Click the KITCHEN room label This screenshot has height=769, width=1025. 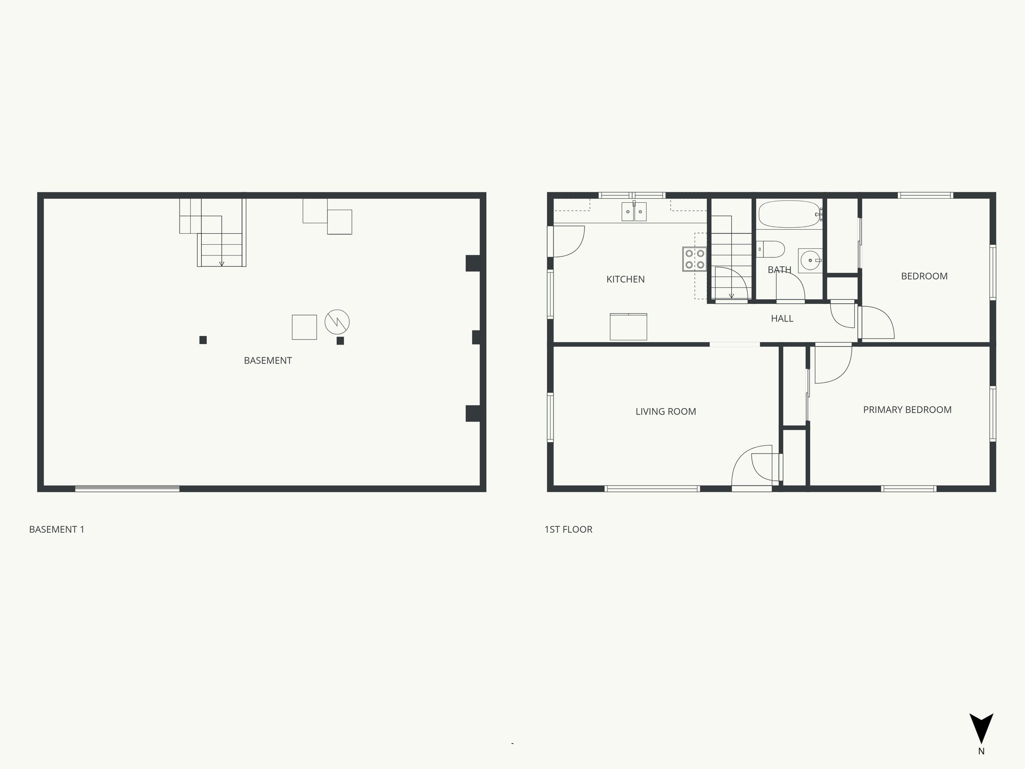pos(625,279)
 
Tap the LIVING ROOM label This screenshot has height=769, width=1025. pos(666,412)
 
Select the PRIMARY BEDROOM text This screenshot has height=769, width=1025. pos(907,410)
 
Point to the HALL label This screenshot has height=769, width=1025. pos(782,318)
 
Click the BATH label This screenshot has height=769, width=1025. pos(779,270)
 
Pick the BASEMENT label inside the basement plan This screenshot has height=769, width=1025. pos(268,360)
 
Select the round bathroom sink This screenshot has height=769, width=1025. pos(809,260)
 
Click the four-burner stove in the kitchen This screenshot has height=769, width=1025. pos(694,259)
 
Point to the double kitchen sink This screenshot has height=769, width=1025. pos(634,212)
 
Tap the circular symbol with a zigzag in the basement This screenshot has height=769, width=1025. pos(337,321)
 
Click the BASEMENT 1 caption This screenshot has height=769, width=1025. pos(57,529)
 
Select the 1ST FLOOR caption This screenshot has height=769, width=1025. pos(568,529)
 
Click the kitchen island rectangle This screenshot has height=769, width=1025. pos(628,326)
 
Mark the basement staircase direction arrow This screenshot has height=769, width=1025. pos(222,263)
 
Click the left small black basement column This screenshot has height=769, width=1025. pos(203,340)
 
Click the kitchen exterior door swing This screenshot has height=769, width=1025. pos(568,241)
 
